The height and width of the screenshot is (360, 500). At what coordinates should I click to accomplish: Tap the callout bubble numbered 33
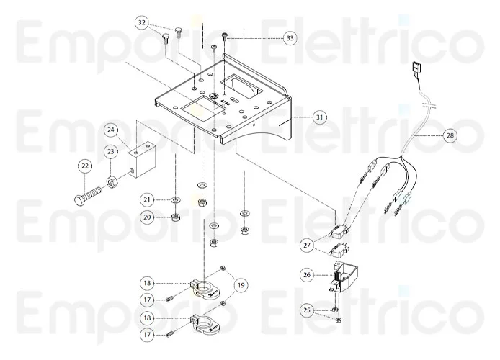(x=290, y=37)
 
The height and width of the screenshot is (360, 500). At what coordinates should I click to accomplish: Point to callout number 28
(x=450, y=135)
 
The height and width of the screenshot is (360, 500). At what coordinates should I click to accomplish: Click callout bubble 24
(x=111, y=130)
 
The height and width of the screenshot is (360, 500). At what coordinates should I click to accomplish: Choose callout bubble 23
(x=111, y=151)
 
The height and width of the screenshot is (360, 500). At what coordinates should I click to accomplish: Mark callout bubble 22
(x=86, y=166)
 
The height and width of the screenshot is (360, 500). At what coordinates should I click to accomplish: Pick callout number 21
(x=147, y=199)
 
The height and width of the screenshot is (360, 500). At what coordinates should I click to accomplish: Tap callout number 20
(x=147, y=217)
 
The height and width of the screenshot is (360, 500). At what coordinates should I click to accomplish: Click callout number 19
(x=240, y=285)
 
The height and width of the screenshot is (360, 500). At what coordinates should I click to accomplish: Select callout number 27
(x=308, y=246)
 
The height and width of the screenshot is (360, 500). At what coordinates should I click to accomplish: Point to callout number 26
(x=308, y=274)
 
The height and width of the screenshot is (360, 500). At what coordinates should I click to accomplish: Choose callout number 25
(x=308, y=310)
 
